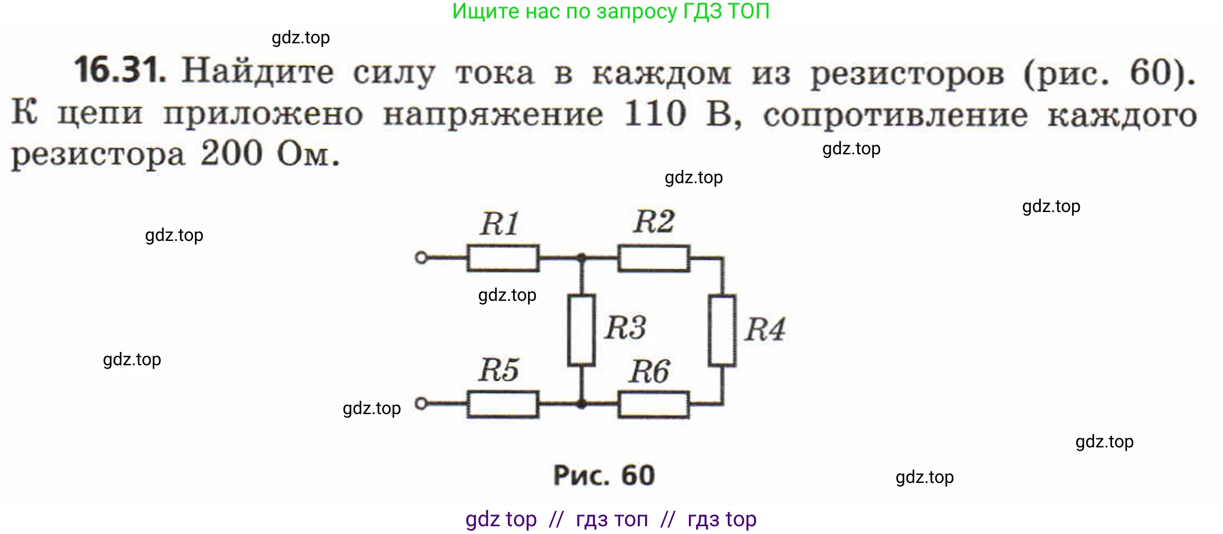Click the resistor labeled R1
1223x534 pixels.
tap(502, 258)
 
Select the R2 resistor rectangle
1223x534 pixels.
tap(654, 258)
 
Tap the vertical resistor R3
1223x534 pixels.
tap(581, 330)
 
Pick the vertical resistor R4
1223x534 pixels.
tap(722, 331)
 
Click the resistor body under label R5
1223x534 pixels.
tap(502, 404)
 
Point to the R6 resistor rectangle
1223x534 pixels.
tap(654, 404)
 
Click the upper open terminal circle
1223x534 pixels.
tap(421, 258)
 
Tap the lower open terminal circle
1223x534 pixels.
tap(421, 404)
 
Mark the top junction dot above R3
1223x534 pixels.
tap(581, 258)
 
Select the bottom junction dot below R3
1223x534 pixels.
tap(581, 404)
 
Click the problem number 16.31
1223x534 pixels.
tap(120, 70)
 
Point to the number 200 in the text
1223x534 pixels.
tap(231, 154)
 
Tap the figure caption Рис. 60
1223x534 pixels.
tap(604, 476)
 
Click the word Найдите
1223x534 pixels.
tap(258, 72)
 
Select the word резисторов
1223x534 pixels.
tap(907, 74)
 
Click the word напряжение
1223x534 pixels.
tap(493, 115)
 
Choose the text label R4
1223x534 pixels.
tap(764, 330)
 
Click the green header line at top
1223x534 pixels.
tap(611, 12)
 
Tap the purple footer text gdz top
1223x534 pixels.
tap(501, 519)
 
